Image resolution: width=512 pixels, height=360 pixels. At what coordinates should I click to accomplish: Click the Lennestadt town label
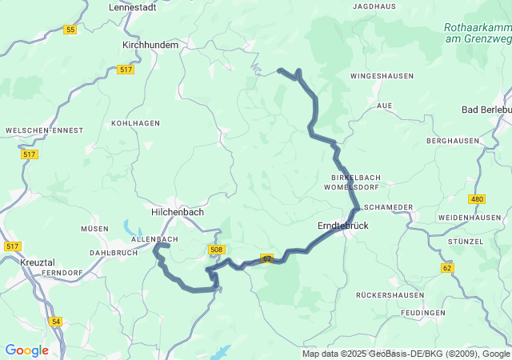136,6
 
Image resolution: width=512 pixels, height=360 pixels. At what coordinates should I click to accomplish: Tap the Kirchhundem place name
150,46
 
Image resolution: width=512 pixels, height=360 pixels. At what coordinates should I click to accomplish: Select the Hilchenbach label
178,212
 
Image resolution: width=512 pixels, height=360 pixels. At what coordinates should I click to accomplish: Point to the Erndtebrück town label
343,226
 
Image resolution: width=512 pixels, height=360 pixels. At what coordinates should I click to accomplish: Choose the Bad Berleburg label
487,110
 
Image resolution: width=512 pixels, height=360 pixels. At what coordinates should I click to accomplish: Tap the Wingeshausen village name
382,76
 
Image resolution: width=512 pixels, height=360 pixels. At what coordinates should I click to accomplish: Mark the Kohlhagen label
132,124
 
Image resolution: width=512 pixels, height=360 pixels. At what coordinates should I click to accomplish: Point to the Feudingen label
425,312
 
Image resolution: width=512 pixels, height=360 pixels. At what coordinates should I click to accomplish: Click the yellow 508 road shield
216,250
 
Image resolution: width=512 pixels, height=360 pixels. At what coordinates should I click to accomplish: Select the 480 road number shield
478,199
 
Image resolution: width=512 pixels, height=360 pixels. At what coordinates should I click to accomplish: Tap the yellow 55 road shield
70,30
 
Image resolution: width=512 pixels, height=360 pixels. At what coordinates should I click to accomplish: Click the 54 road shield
55,321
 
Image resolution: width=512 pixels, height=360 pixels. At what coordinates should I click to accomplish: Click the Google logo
26,350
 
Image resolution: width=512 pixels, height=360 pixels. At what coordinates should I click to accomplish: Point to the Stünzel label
466,242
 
